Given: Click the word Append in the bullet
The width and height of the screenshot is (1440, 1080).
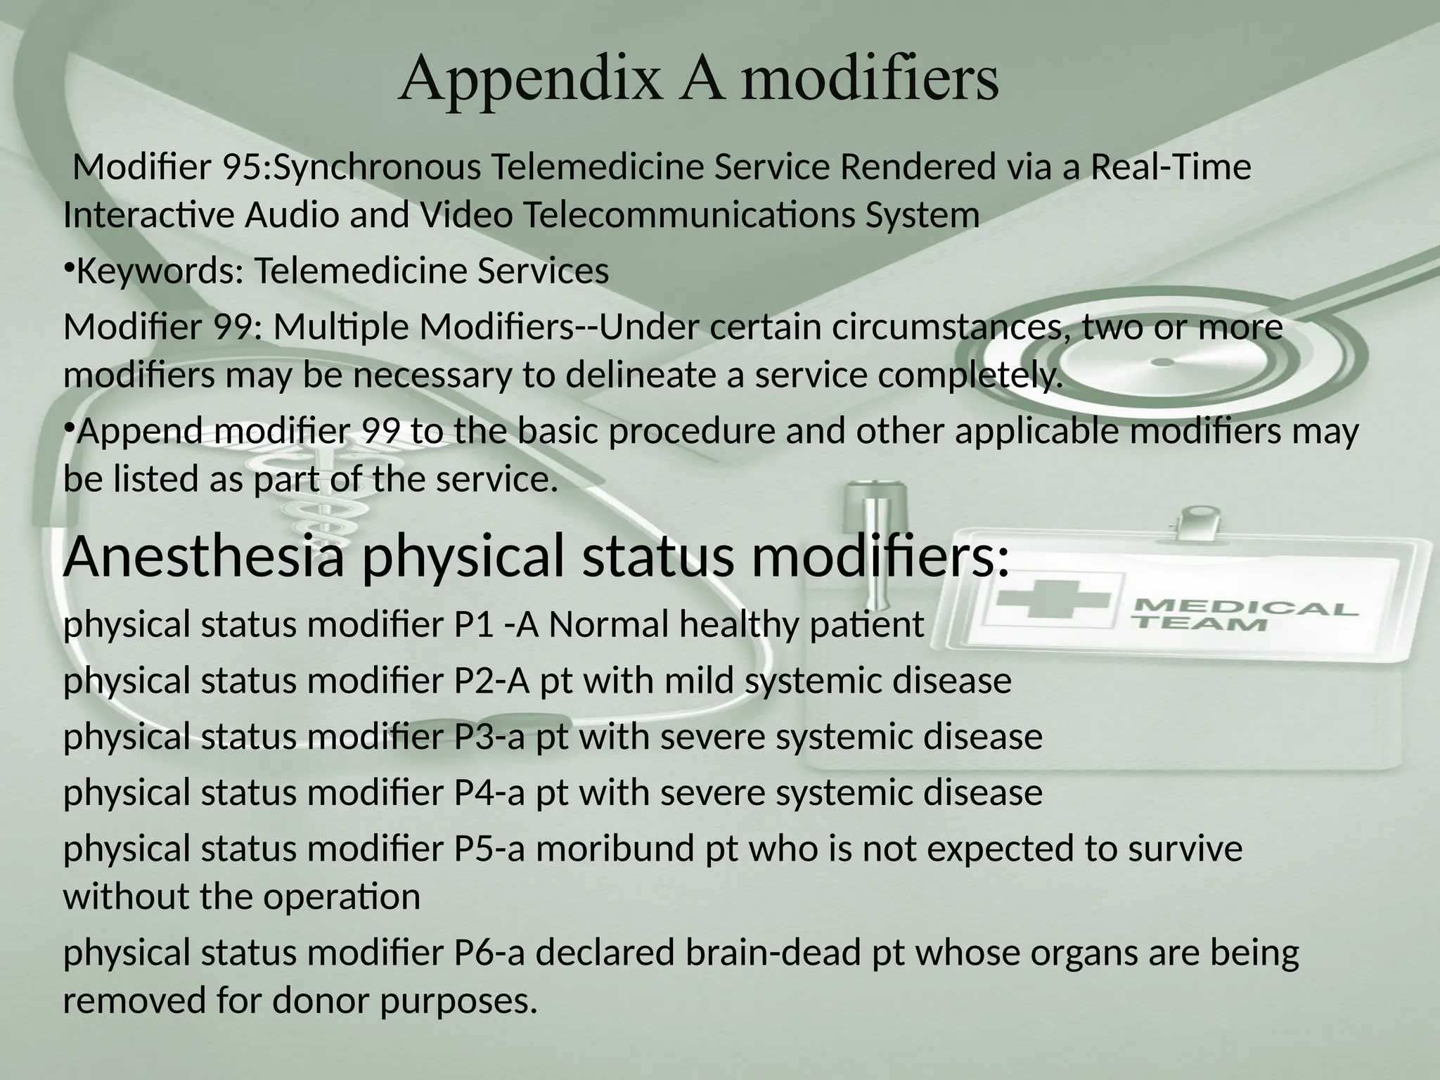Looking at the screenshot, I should (141, 431).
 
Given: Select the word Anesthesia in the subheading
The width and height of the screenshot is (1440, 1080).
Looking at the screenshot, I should (204, 555).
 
